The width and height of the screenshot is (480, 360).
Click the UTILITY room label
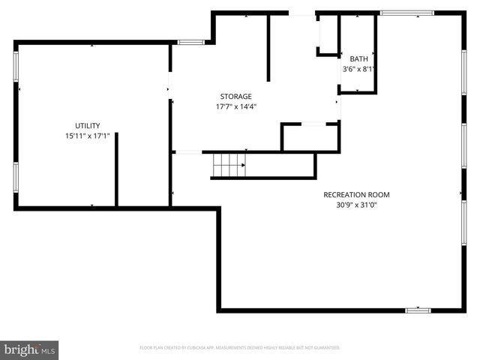click(x=87, y=125)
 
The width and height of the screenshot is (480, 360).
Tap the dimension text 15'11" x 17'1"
click(x=87, y=136)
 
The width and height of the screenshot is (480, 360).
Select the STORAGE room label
click(x=235, y=96)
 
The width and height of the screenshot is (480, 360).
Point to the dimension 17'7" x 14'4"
click(x=235, y=106)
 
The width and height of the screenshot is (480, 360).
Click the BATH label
click(x=358, y=58)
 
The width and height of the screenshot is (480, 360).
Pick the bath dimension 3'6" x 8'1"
click(x=358, y=69)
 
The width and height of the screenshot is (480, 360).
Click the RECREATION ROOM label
click(x=356, y=195)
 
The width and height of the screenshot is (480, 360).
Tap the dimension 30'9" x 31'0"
click(x=356, y=205)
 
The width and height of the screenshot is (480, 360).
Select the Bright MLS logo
click(x=30, y=349)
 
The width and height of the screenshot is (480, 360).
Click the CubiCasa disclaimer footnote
click(x=240, y=348)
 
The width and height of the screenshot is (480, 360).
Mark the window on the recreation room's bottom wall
click(x=418, y=310)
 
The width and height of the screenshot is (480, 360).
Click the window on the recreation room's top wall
click(x=407, y=13)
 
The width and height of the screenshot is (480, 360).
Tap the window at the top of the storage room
click(x=190, y=42)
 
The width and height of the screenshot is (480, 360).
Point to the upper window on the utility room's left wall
click(x=16, y=67)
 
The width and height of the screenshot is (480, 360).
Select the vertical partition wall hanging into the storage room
click(x=268, y=46)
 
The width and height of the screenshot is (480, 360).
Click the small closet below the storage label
click(x=310, y=137)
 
